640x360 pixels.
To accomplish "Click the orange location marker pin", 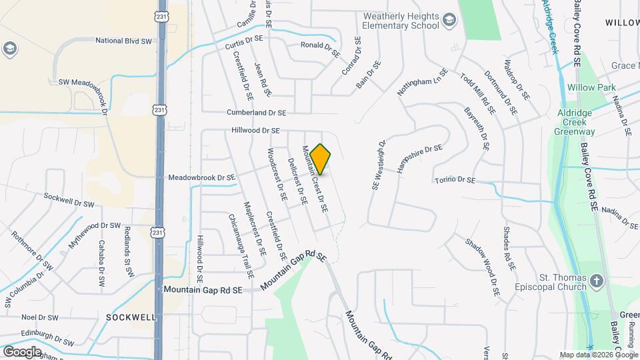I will tap(321, 159).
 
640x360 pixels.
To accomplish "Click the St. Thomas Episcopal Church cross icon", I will tap(597, 281).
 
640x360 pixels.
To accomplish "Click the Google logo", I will tap(21, 351).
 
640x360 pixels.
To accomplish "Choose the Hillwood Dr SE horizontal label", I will tap(255, 131).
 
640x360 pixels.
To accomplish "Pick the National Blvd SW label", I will tap(124, 41).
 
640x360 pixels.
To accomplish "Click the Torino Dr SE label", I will tap(455, 180).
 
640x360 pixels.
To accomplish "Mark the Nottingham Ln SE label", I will tap(421, 82).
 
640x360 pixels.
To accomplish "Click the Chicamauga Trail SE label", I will tap(241, 246).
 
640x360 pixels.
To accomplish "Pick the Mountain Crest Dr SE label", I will tap(315, 179).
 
